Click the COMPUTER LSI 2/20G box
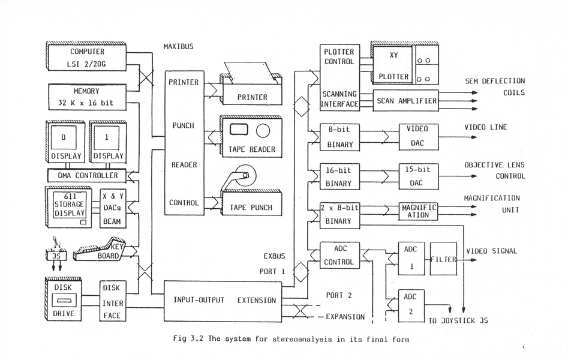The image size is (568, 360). click(x=87, y=58)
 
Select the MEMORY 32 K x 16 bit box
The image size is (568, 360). click(x=87, y=97)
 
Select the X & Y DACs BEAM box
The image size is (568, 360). click(x=112, y=209)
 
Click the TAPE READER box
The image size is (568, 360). click(x=251, y=137)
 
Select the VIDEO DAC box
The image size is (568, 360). click(x=418, y=137)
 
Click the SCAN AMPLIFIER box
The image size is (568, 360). click(x=406, y=101)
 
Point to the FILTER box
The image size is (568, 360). click(x=443, y=259)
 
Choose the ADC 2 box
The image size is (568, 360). click(x=411, y=306)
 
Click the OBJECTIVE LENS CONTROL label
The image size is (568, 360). click(x=495, y=170)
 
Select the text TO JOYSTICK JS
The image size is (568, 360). click(x=458, y=320)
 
